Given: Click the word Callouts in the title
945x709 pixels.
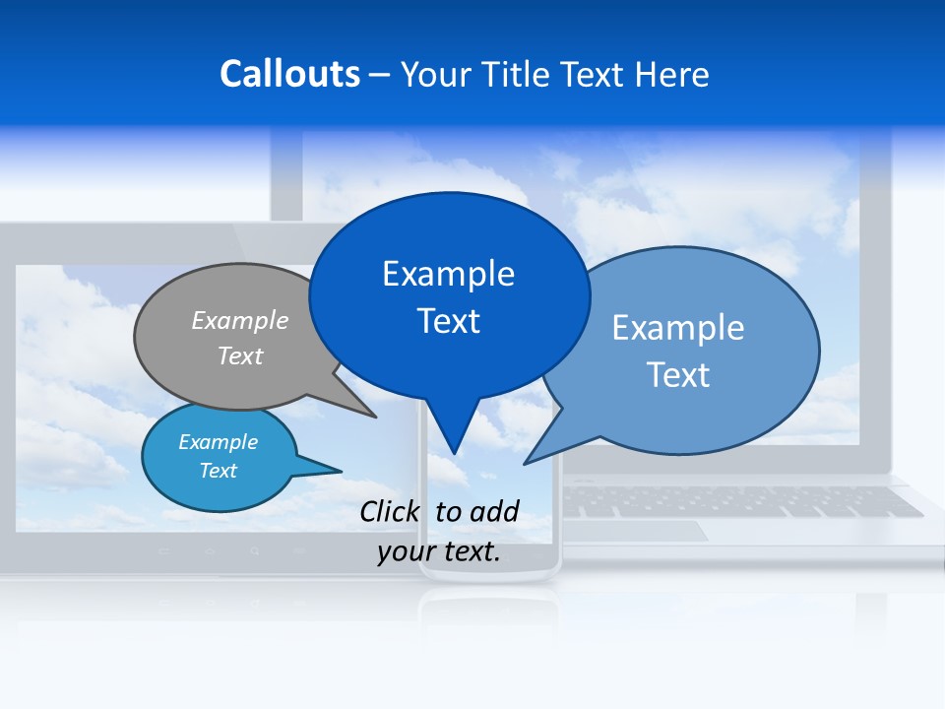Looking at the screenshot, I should (x=289, y=74).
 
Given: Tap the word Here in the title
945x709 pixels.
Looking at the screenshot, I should (x=672, y=74).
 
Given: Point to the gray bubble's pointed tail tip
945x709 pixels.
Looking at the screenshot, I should (x=376, y=417).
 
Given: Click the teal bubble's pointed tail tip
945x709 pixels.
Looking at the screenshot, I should (x=341, y=471).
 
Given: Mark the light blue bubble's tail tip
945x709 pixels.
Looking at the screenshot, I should (x=525, y=463).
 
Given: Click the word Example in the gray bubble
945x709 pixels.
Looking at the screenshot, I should (x=240, y=320).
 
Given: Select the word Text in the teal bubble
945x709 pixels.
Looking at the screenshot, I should (x=218, y=471).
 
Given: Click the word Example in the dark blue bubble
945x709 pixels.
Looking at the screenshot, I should (x=448, y=274).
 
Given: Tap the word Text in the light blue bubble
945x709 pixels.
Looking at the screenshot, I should (x=678, y=374).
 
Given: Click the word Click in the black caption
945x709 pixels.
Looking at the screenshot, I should (x=390, y=511).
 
